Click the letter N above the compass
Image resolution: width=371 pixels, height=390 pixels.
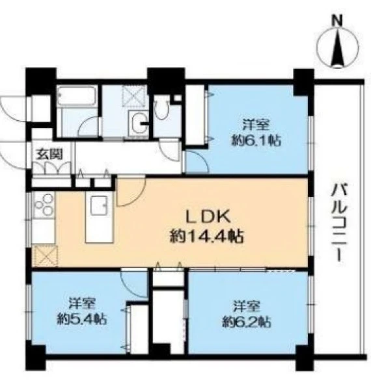337,21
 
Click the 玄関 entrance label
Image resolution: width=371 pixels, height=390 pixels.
49,155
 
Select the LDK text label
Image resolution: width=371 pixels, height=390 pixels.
208,218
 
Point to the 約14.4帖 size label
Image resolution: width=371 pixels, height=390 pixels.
206,237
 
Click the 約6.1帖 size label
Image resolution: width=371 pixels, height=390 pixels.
256,141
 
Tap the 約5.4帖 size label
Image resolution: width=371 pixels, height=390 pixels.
82,319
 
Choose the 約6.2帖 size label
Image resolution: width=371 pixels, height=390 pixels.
247,322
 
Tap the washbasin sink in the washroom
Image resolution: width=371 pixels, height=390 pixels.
139,123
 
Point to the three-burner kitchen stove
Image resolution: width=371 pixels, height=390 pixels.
44,204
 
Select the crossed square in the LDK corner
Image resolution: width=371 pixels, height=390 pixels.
46,255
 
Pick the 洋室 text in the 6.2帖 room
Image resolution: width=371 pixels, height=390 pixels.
247,306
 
